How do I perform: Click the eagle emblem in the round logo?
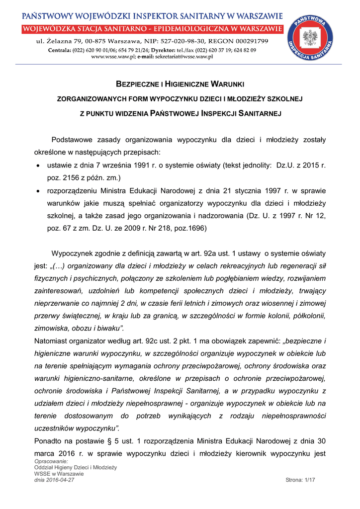tap(311, 37)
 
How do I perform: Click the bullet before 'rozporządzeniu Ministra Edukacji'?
tap(38, 191)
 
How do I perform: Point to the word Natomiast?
tap(52, 341)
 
